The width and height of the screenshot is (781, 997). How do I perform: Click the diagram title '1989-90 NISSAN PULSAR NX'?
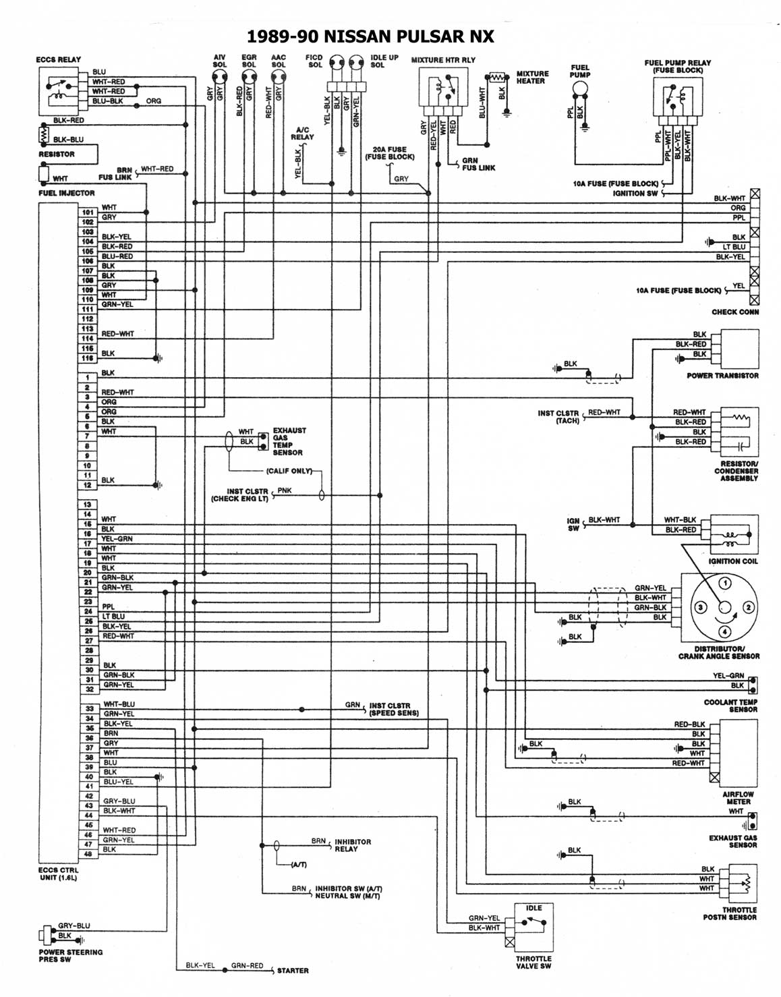click(x=370, y=36)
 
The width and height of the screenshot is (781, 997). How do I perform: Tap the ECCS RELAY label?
click(x=58, y=59)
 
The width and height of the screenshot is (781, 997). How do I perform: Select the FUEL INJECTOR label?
click(x=66, y=193)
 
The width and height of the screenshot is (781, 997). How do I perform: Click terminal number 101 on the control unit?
click(x=88, y=212)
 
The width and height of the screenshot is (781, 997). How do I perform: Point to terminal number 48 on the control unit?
click(x=88, y=853)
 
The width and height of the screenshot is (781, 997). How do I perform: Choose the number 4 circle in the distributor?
click(x=724, y=632)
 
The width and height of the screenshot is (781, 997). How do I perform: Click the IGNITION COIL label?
click(x=733, y=561)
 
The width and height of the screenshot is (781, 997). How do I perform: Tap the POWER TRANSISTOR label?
click(x=722, y=375)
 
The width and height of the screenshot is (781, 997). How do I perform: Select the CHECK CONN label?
click(x=734, y=312)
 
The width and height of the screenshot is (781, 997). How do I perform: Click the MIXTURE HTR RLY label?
click(x=443, y=60)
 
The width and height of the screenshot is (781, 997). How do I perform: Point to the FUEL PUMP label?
click(x=580, y=71)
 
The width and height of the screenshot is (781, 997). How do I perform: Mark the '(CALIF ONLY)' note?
click(x=289, y=471)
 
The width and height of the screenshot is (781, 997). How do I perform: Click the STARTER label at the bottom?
click(x=293, y=971)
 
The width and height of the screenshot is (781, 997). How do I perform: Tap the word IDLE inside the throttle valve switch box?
click(x=533, y=908)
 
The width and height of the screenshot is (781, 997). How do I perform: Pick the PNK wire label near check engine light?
click(x=285, y=491)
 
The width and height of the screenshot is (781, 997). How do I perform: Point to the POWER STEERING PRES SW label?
click(x=71, y=955)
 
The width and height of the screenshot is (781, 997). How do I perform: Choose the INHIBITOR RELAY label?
click(x=353, y=845)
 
